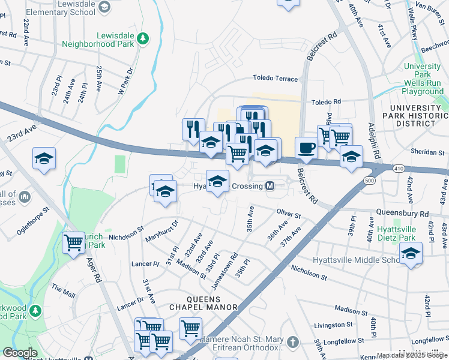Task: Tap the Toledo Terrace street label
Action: pyautogui.click(x=275, y=79)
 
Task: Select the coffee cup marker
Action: pyautogui.click(x=306, y=148)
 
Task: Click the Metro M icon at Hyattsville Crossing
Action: pyautogui.click(x=270, y=187)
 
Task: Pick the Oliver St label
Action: pyautogui.click(x=288, y=213)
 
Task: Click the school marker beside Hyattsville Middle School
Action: pyautogui.click(x=411, y=254)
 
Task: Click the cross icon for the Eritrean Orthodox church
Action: pyautogui.click(x=292, y=343)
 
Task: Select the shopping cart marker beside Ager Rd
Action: pyautogui.click(x=74, y=243)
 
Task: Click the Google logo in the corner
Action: pyautogui.click(x=20, y=353)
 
